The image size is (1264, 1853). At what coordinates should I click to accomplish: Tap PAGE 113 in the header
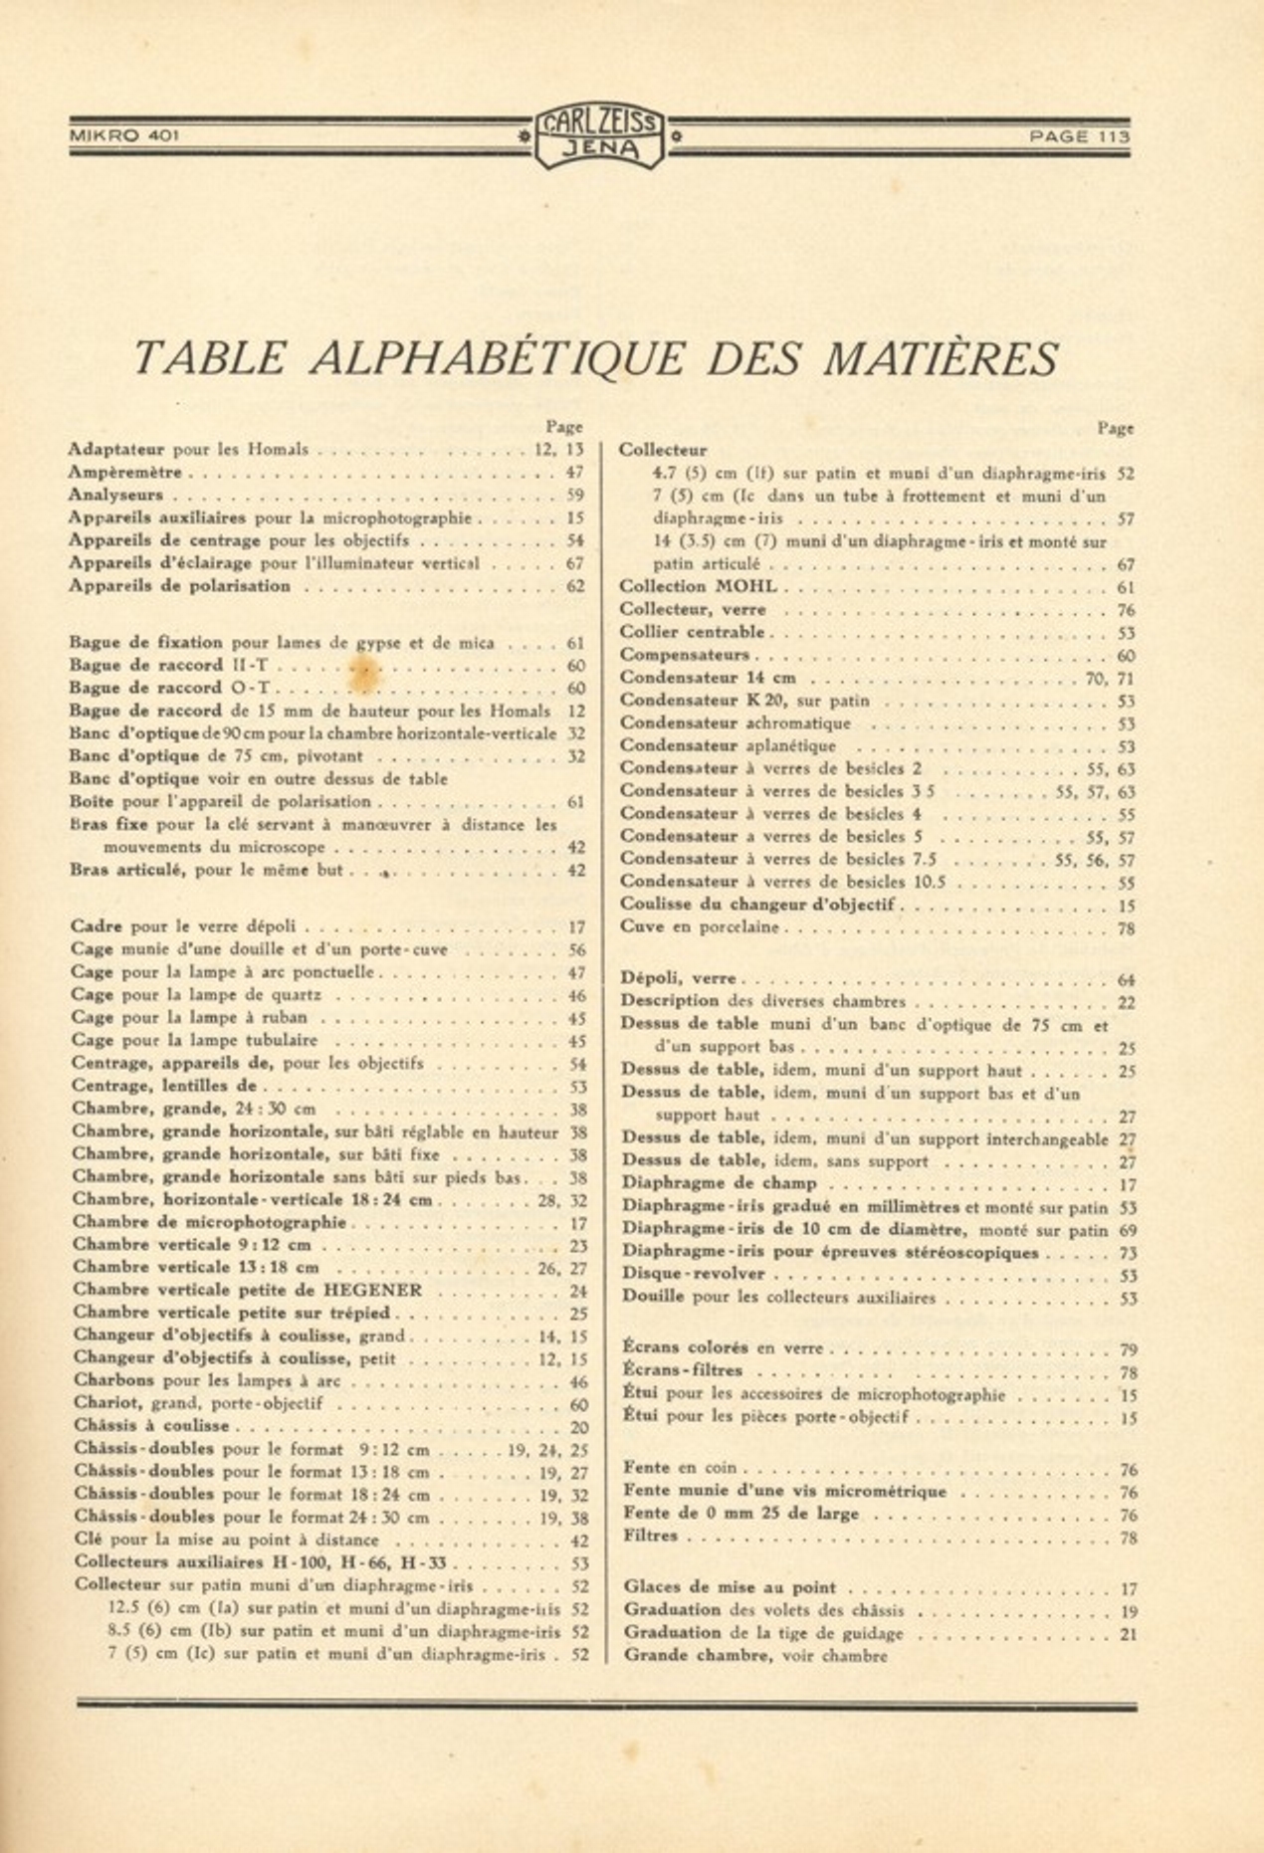click(x=1080, y=136)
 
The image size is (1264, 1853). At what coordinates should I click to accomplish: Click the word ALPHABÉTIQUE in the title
click(x=497, y=358)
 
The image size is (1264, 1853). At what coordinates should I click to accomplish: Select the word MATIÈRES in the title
click(x=941, y=358)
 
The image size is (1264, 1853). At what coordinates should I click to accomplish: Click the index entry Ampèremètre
click(x=125, y=473)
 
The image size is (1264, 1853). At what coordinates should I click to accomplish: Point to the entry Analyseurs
click(x=115, y=495)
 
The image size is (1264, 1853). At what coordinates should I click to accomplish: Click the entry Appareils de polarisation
click(x=179, y=586)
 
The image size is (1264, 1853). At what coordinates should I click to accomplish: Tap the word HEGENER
click(x=374, y=1290)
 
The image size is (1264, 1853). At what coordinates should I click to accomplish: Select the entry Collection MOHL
click(x=698, y=587)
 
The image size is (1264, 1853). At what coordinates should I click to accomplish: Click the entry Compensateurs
click(x=685, y=655)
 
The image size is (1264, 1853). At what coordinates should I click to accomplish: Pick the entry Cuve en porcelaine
click(x=699, y=927)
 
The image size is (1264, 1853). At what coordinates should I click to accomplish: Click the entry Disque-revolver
click(x=694, y=1274)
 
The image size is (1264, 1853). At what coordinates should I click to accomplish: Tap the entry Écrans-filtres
click(x=683, y=1370)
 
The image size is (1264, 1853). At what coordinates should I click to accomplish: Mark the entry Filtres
click(x=651, y=1537)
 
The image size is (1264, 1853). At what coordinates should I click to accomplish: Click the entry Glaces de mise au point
click(x=730, y=1587)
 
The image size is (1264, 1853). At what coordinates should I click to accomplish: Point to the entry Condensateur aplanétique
click(x=728, y=745)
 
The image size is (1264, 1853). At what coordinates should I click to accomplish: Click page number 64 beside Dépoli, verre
click(x=1127, y=979)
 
